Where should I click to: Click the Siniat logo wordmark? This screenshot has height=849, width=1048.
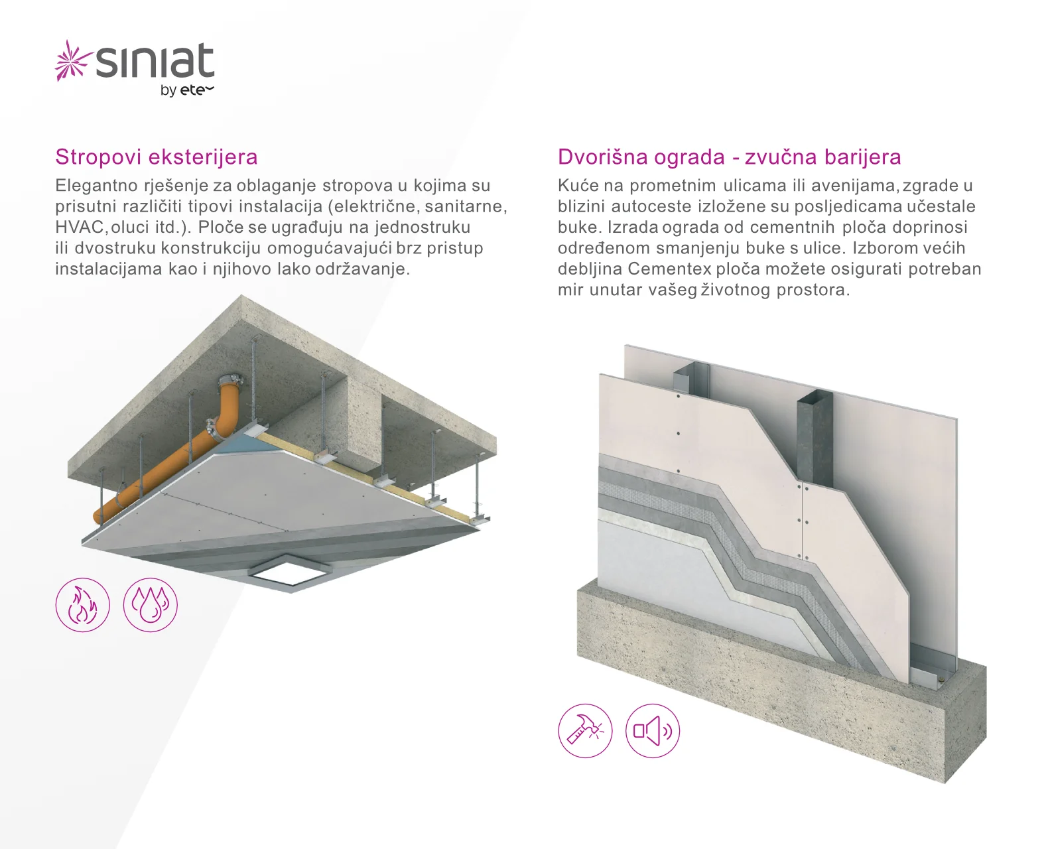tap(155, 61)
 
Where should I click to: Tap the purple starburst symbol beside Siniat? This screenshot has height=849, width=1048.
tap(73, 60)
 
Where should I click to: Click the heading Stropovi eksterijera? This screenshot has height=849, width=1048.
tap(157, 157)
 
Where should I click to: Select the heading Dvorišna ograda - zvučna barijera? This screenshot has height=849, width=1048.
tap(729, 157)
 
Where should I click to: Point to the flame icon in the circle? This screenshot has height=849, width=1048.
tap(83, 604)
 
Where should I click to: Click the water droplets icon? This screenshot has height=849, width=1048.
tap(150, 604)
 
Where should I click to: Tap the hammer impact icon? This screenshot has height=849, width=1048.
tap(585, 730)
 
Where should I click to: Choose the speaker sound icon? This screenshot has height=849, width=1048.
tap(653, 730)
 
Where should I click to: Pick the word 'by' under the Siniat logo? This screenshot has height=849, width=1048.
tap(168, 91)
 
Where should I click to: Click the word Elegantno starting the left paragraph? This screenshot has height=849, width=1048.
tap(96, 186)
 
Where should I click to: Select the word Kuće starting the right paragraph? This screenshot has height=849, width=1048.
tap(576, 186)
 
